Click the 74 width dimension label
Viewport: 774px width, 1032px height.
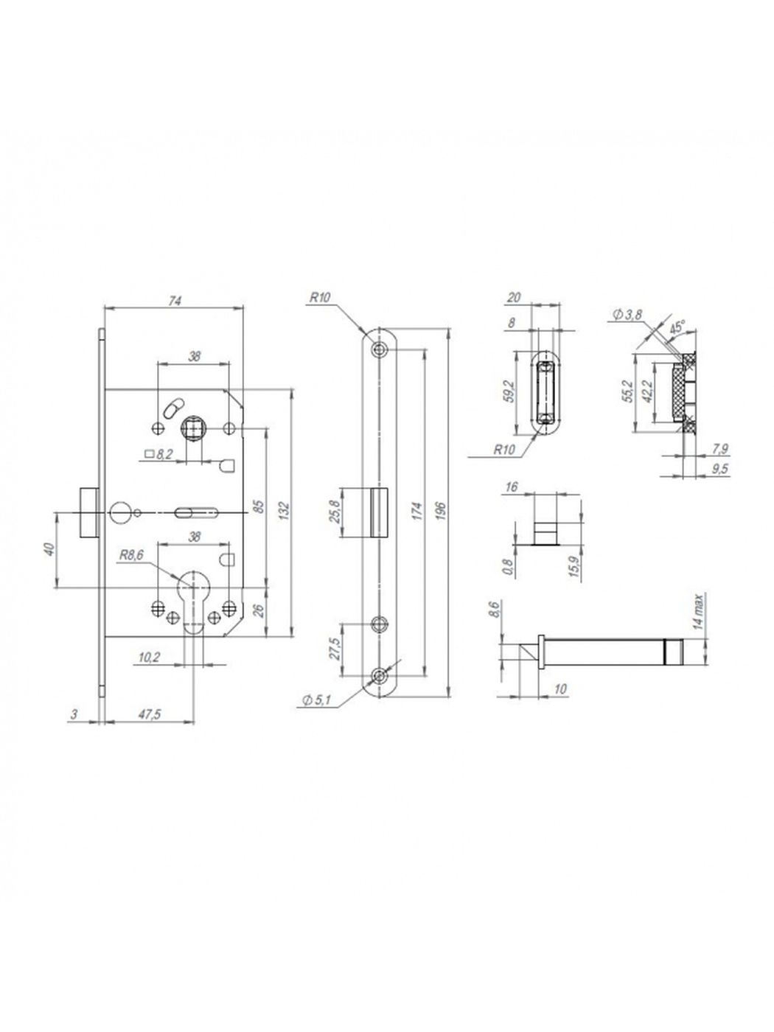pos(175,301)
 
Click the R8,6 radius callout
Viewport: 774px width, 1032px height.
pos(131,555)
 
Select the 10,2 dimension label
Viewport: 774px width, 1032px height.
pos(149,658)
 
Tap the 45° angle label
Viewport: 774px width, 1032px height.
pos(677,328)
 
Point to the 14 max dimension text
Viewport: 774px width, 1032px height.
pos(699,612)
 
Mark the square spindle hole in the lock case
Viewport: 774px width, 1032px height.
pos(191,428)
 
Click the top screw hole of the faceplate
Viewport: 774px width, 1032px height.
pos(379,349)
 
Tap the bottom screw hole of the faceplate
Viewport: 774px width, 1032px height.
pos(379,676)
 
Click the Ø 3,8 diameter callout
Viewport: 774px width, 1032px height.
pos(627,315)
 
